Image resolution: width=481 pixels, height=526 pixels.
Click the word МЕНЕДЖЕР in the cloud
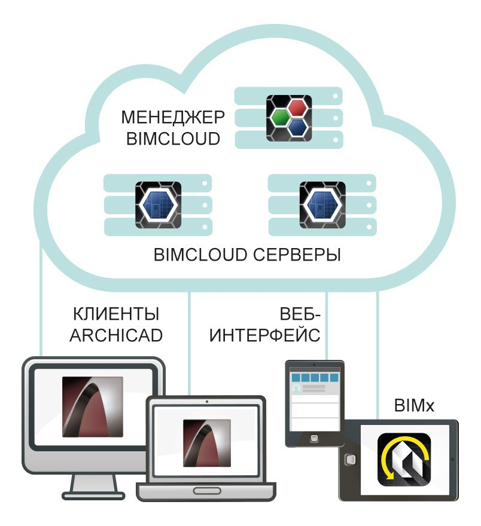tap(172, 117)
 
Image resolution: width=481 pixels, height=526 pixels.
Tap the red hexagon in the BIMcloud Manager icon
tap(297, 108)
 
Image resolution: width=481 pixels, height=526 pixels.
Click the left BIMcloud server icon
tap(158, 205)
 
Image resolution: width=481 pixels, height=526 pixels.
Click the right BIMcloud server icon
tap(322, 205)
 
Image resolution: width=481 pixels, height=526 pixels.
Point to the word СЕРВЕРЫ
tap(297, 255)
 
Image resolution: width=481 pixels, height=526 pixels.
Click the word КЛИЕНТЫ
tap(116, 314)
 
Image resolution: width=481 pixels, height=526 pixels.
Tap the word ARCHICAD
tap(116, 335)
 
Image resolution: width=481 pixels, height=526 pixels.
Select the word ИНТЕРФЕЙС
tap(264, 335)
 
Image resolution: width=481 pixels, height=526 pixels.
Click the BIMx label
tap(414, 405)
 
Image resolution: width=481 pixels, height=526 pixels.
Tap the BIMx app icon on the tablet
tap(404, 460)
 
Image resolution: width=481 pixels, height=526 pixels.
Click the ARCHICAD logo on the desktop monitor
tap(93, 406)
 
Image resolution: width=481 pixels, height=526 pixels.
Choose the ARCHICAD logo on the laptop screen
tap(207, 443)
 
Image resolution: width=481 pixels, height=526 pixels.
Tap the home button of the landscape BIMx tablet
tap(350, 459)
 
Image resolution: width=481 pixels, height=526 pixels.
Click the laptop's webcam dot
tap(207, 402)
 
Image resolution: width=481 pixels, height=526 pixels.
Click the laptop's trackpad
tap(207, 491)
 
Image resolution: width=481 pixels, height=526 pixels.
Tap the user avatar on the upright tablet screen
tap(296, 389)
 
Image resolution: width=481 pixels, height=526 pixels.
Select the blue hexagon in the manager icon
tap(297, 127)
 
